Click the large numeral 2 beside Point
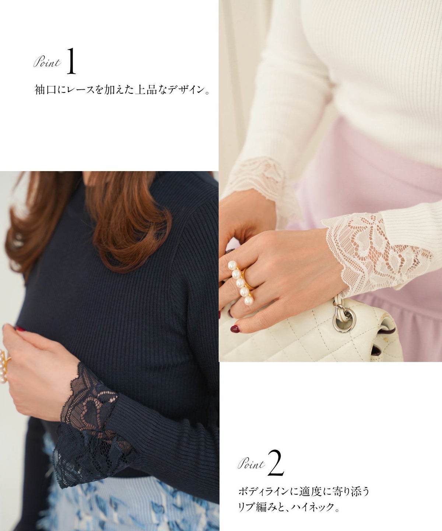pos(276,463)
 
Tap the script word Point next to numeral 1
pos(47,63)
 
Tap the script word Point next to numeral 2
pos(252,464)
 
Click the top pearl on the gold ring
pos(232,265)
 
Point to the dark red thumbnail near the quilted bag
pos(235,328)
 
